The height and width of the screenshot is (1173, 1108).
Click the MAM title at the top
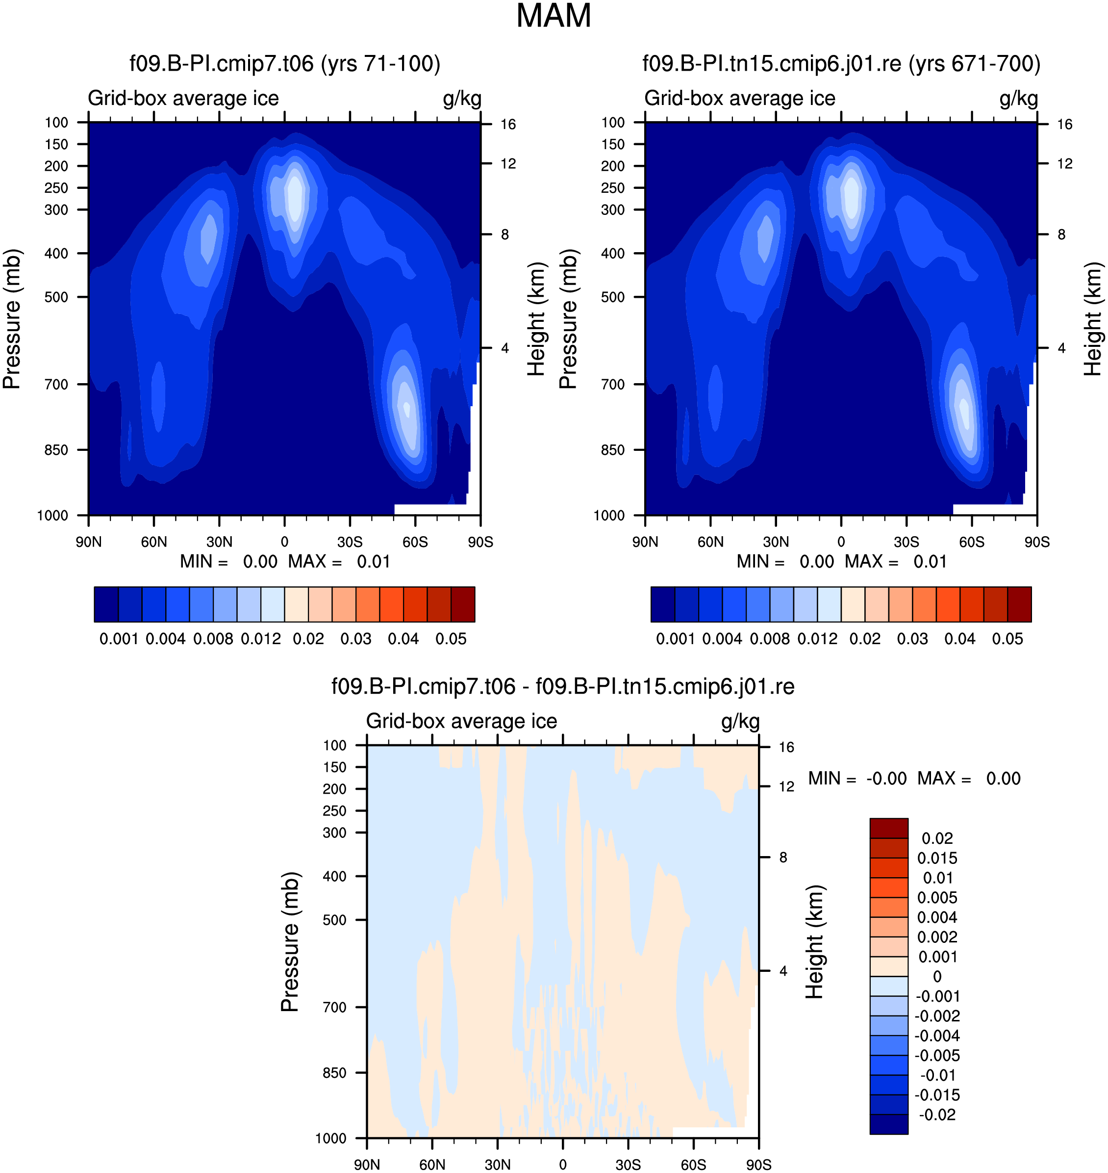pyautogui.click(x=554, y=16)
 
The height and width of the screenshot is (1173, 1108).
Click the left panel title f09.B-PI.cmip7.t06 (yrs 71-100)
pyautogui.click(x=285, y=64)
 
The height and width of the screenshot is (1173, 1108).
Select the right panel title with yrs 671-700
pyautogui.click(x=841, y=64)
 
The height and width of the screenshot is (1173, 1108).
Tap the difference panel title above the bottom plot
pyautogui.click(x=563, y=687)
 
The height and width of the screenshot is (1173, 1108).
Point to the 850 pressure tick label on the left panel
pyautogui.click(x=57, y=450)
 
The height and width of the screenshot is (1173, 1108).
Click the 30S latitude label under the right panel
pyautogui.click(x=907, y=542)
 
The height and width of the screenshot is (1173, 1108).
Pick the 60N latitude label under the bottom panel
pyautogui.click(x=432, y=1165)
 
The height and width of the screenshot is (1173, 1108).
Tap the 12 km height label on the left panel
pyautogui.click(x=508, y=164)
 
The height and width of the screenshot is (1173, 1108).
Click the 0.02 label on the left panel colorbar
pyautogui.click(x=308, y=639)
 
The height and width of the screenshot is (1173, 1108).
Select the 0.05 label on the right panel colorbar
pyautogui.click(x=1007, y=639)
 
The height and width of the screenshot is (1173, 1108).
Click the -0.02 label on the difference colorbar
pyautogui.click(x=937, y=1115)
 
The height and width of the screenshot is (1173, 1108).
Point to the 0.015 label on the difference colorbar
pyautogui.click(x=937, y=858)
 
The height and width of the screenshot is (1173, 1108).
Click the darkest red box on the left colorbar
pyautogui.click(x=463, y=604)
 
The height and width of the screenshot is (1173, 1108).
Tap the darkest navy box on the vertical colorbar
pyautogui.click(x=889, y=1124)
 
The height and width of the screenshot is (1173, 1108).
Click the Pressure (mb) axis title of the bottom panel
pyautogui.click(x=290, y=942)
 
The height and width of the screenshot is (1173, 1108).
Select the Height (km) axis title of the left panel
pyautogui.click(x=536, y=319)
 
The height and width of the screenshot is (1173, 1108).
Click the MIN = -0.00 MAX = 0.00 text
pyautogui.click(x=914, y=778)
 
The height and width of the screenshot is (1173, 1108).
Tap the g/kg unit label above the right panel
pyautogui.click(x=1019, y=99)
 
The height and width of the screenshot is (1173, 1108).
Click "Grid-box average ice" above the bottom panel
pyautogui.click(x=462, y=721)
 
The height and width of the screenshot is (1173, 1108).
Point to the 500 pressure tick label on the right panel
pyautogui.click(x=613, y=297)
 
